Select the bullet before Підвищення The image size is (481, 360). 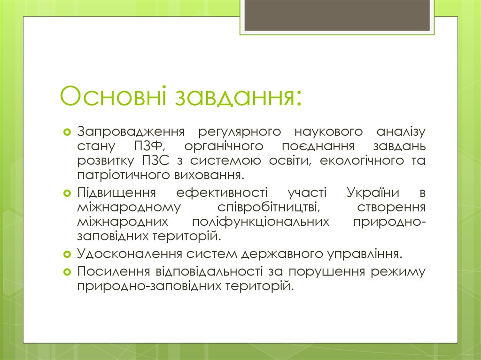[x=67, y=192]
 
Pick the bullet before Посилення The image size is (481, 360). [x=67, y=271]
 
